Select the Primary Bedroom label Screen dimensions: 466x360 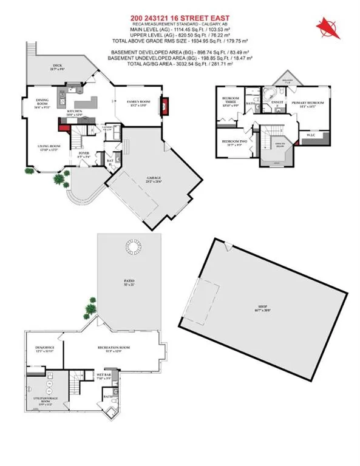pos(307,103)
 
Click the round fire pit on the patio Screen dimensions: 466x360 pos(131,249)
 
